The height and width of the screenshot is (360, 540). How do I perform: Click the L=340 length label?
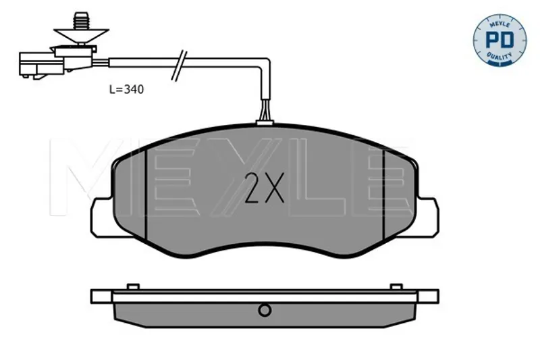126,90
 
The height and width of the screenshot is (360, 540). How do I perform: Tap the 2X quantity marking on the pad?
265,187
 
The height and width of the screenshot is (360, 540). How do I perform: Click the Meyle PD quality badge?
500,41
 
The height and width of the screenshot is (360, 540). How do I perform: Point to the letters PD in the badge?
500,40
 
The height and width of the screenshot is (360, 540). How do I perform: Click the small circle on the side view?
265,311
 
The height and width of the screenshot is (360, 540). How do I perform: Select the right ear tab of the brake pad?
427,217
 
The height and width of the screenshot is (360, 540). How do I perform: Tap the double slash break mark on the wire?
179,66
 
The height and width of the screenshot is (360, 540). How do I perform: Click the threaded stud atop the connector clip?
80,21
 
